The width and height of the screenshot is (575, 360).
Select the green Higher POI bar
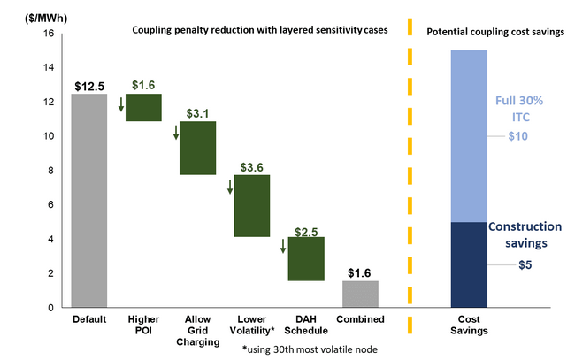(x=143, y=107)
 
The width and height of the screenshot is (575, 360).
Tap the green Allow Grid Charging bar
(x=197, y=148)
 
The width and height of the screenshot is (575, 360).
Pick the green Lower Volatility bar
(x=252, y=205)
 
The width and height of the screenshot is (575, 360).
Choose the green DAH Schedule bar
(x=306, y=258)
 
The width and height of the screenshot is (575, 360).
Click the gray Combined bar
(x=360, y=294)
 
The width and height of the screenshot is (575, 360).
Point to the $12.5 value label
(x=88, y=86)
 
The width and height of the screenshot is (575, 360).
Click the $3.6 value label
(x=254, y=166)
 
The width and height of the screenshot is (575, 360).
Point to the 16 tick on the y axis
(x=49, y=34)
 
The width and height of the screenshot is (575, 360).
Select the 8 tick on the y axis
(x=51, y=170)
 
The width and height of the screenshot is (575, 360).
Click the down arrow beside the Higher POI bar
(x=120, y=105)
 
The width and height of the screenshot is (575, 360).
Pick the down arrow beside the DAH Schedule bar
(x=283, y=245)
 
